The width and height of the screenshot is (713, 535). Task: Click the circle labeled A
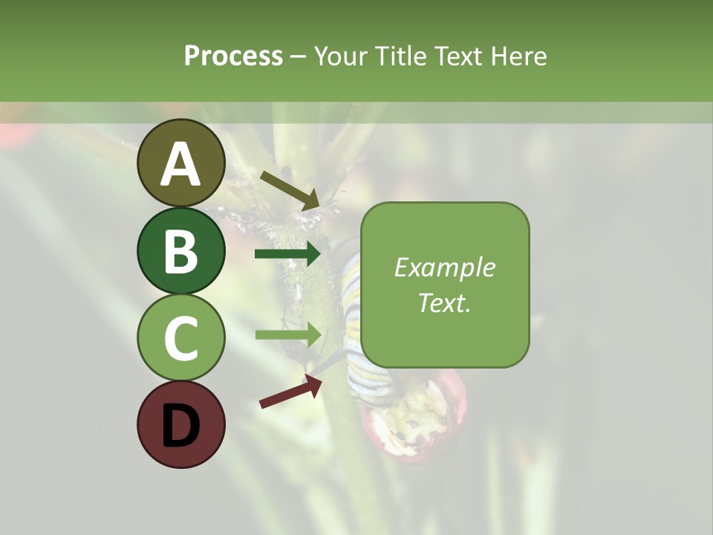(x=181, y=163)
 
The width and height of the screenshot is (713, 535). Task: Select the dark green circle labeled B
(x=181, y=250)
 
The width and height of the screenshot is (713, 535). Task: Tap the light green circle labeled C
(x=181, y=337)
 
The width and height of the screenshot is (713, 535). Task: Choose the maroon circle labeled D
(x=181, y=424)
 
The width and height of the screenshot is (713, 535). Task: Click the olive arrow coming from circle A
(x=290, y=189)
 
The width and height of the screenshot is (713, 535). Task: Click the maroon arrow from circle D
(x=290, y=391)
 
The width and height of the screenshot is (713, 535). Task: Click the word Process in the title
(x=233, y=56)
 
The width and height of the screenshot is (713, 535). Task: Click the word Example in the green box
(x=444, y=267)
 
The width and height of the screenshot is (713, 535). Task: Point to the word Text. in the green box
(x=444, y=302)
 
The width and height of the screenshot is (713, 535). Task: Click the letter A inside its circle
(x=181, y=164)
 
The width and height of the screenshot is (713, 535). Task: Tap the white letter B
(x=181, y=251)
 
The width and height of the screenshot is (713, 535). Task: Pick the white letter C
(x=181, y=338)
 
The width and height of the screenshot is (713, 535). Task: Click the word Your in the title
(x=339, y=56)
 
